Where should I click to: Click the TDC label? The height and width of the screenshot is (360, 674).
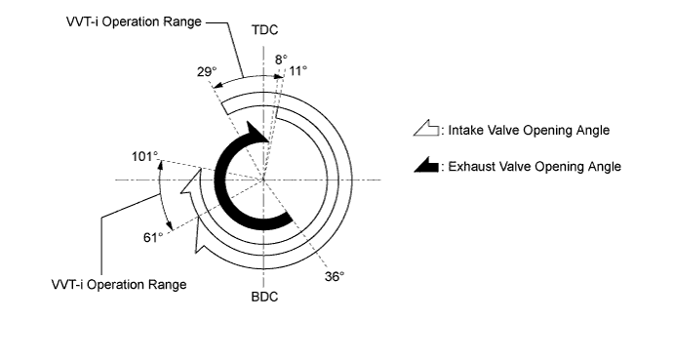264,30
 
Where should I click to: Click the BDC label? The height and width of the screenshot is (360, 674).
264,297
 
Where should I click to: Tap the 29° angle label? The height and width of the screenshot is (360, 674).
207,72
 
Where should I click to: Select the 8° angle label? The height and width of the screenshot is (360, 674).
281,59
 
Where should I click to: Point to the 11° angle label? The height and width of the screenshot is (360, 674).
297,70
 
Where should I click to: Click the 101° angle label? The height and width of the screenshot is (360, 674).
145,156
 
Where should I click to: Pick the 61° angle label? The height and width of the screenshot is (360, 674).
153,237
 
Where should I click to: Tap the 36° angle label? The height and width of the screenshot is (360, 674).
335,276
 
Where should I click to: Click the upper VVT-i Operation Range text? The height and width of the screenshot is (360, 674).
134,21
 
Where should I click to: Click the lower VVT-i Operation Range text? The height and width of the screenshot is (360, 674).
119,285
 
